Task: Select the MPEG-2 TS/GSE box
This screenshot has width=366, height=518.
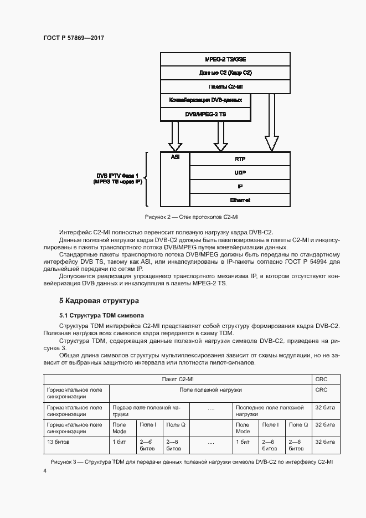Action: click(x=225, y=59)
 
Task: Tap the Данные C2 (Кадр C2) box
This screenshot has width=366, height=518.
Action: click(x=225, y=73)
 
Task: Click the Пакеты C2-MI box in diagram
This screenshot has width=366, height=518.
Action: click(x=225, y=87)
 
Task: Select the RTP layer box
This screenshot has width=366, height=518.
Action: click(x=240, y=158)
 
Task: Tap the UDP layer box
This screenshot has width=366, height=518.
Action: click(x=240, y=172)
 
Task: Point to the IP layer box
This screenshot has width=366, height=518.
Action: click(x=240, y=186)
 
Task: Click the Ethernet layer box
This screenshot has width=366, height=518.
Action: click(x=240, y=200)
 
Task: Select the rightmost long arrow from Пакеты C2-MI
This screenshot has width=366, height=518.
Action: click(x=271, y=122)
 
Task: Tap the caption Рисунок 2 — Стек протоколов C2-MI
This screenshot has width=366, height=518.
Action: click(x=191, y=217)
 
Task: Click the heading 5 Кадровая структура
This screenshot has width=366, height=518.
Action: click(x=99, y=301)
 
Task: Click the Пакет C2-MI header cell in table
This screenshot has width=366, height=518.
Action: click(x=178, y=379)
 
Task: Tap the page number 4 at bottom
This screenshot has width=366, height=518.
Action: click(x=45, y=471)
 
